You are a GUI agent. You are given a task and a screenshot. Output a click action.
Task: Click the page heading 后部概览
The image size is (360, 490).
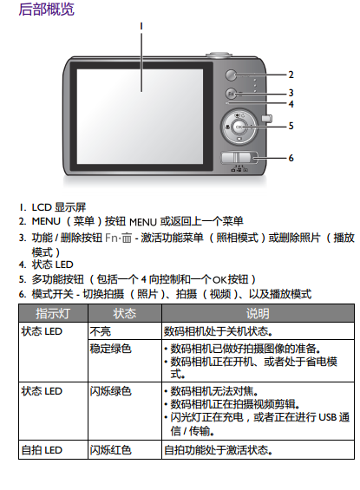[x=46, y=9]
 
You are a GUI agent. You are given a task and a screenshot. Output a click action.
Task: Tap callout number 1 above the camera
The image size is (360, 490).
[x=141, y=26]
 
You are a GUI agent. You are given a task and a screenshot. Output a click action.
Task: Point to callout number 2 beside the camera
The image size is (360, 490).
[x=291, y=75]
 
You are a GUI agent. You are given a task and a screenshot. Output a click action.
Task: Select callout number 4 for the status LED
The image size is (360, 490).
[x=291, y=104]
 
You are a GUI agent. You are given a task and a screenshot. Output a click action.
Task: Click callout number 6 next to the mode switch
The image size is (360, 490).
[x=291, y=158]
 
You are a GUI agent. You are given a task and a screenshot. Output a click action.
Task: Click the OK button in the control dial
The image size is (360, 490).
[x=239, y=127]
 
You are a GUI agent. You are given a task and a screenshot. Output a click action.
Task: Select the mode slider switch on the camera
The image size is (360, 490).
[x=236, y=158]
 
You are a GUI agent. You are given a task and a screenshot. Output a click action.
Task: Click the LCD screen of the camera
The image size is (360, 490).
[x=140, y=116]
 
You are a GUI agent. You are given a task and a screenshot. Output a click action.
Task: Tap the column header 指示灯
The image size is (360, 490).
[x=53, y=313]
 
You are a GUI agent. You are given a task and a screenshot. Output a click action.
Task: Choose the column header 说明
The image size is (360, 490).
[x=258, y=313]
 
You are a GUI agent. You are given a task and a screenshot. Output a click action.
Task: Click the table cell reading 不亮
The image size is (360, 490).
[x=101, y=331]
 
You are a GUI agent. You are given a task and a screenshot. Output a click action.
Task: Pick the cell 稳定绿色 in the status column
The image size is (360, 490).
[x=111, y=349]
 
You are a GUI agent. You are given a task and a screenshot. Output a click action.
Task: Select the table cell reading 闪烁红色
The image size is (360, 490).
[x=111, y=450]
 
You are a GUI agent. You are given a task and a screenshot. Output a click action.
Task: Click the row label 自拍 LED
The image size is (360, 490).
[x=42, y=450]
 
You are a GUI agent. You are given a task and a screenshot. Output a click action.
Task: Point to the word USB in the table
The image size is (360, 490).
[x=327, y=417]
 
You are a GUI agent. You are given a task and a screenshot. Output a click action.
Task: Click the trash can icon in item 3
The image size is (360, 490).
[x=127, y=238]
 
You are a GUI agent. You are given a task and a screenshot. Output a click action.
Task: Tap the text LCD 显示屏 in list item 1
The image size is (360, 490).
[x=59, y=207]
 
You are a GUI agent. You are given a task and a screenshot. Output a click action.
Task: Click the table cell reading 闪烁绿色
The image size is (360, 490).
[x=111, y=391]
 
